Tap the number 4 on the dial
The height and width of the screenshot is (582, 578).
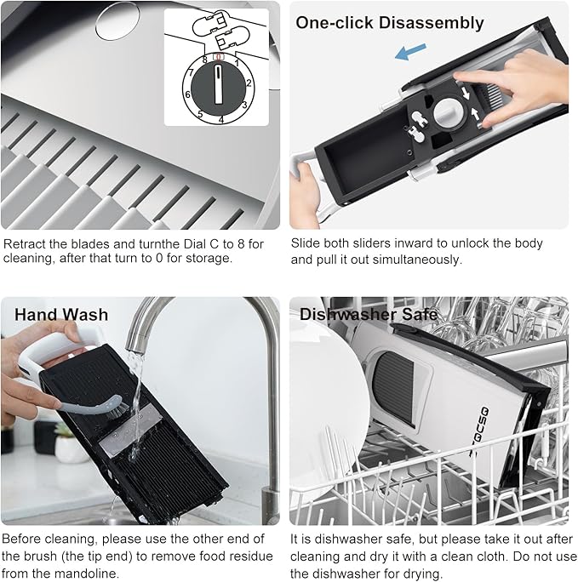(x=221, y=120)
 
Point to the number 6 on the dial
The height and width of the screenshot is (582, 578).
(x=187, y=94)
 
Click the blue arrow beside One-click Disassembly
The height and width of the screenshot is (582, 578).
(x=410, y=53)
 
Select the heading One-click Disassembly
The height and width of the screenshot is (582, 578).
(x=389, y=22)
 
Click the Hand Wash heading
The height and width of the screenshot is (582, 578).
(x=61, y=314)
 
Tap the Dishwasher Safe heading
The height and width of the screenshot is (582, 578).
(x=369, y=314)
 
